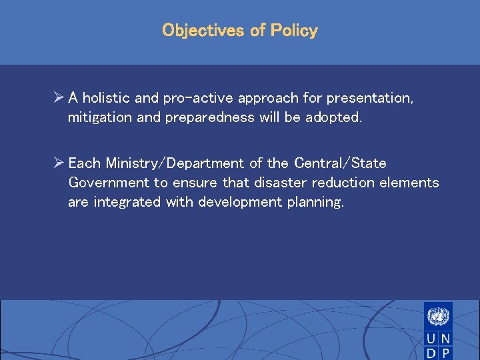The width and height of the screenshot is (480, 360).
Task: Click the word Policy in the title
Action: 294,31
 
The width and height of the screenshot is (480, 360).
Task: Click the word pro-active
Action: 193,98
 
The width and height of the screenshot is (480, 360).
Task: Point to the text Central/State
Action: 340,163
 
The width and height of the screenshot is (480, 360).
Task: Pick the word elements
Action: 412,183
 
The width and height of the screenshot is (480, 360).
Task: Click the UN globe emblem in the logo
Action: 438,315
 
